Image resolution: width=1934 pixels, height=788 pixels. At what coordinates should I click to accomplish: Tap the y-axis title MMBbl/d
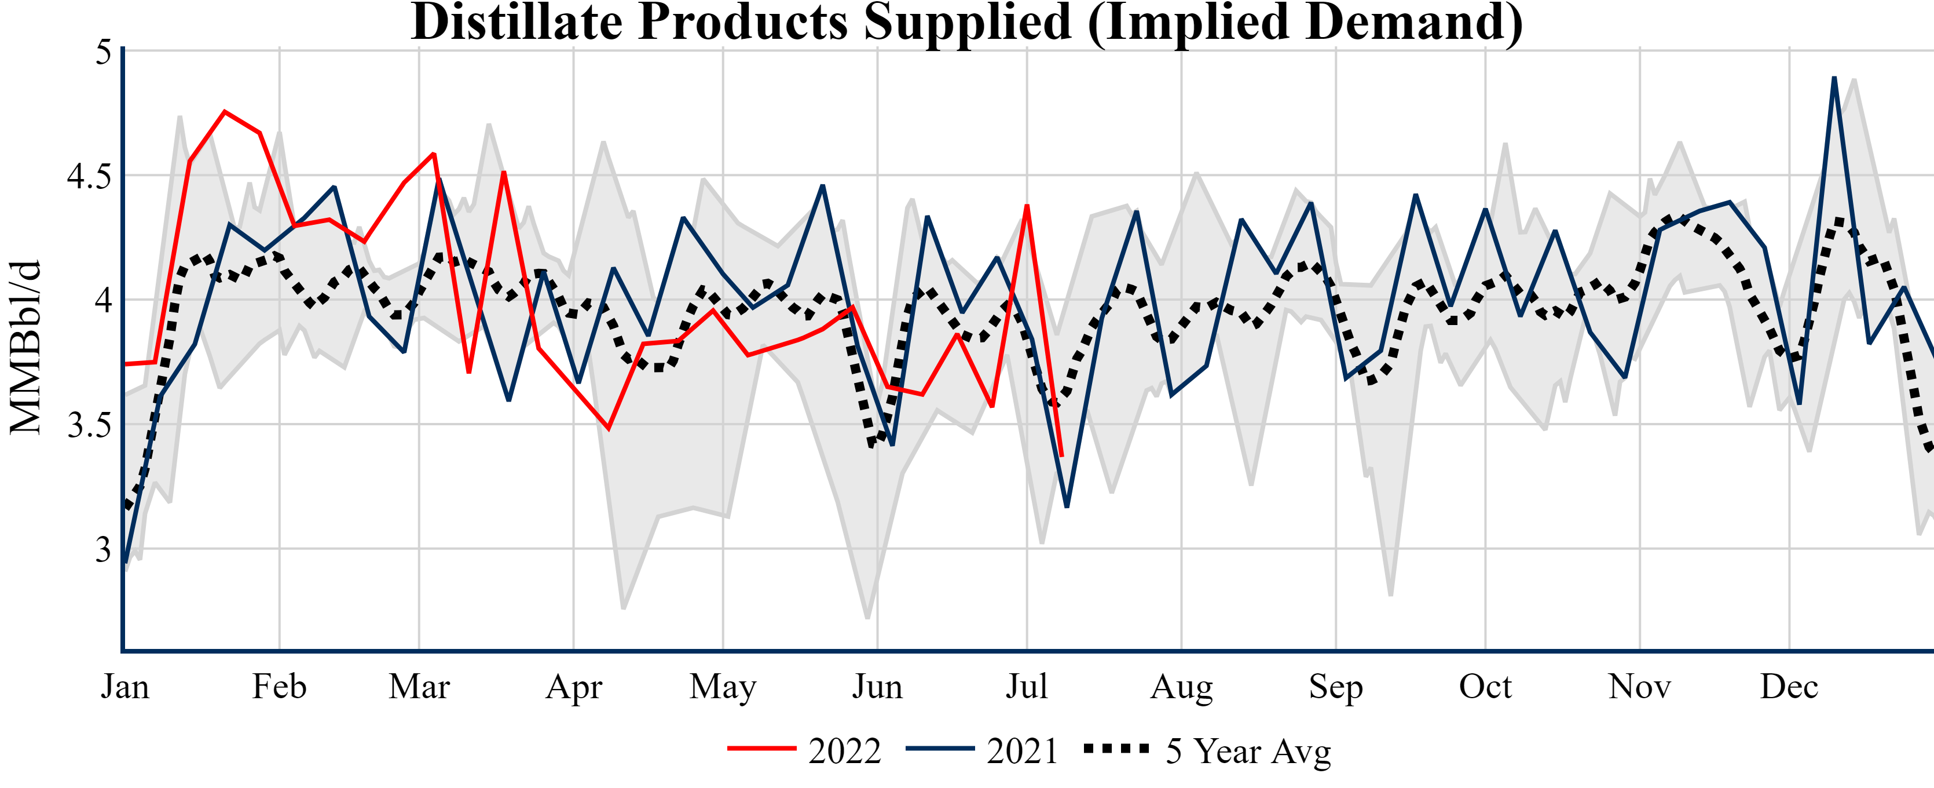coord(25,347)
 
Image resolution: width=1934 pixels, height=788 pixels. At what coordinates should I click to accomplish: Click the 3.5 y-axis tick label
coord(89,425)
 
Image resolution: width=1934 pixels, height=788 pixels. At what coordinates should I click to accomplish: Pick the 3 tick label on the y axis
coord(103,549)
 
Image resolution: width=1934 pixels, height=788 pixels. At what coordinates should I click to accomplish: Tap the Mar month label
coord(419,686)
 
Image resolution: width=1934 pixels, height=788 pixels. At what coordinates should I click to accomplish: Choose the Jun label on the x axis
coord(877,686)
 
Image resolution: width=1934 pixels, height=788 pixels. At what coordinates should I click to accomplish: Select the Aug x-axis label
coord(1182,686)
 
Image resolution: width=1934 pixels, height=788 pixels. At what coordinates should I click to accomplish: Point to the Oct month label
coord(1485,686)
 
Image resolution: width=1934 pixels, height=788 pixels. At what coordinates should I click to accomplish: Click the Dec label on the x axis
coord(1789,686)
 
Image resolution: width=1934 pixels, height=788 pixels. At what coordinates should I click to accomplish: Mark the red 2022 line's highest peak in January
coord(225,112)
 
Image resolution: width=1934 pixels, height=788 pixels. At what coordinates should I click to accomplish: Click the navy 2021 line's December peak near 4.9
coord(1834,78)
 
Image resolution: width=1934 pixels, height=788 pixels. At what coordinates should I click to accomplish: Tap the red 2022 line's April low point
coord(608,429)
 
